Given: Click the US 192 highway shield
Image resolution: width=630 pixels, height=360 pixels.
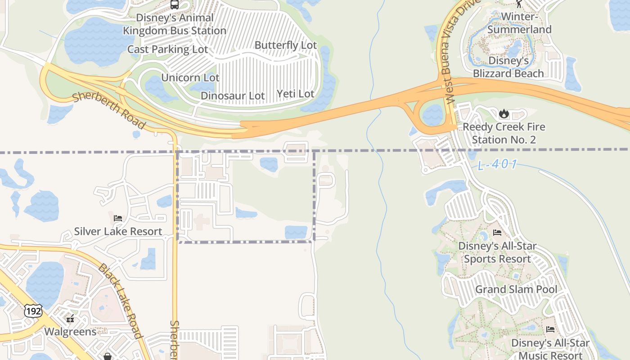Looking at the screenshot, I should coord(33,311).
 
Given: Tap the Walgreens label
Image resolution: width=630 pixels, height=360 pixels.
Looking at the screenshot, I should coord(70,332).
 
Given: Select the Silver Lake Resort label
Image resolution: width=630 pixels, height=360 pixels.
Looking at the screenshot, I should coord(118,231).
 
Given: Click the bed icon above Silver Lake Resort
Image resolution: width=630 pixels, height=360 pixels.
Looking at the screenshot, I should coord(118,218).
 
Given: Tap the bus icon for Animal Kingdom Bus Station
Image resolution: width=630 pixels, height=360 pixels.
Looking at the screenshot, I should coord(175,5).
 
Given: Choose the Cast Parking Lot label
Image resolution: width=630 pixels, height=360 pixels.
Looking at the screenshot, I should coord(167,49).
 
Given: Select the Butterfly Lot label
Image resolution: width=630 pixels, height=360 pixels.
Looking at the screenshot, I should coord(286,45).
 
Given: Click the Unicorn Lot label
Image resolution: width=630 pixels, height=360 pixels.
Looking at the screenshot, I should coord(190,77).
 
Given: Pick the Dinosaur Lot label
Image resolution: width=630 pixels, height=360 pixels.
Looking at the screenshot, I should coord(233,95).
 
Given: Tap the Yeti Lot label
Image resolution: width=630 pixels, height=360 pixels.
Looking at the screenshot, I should coord(295,94).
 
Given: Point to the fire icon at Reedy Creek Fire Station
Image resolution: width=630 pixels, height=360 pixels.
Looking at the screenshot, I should coord(504,113).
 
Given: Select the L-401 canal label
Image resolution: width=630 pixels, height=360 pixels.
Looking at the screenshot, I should coord(497,165).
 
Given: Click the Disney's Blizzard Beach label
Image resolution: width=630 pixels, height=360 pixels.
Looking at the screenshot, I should coord(508,67).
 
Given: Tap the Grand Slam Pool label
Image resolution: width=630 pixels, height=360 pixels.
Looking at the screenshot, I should coord(516,289).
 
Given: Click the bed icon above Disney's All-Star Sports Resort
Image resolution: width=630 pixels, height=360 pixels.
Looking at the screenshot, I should coord(497,233).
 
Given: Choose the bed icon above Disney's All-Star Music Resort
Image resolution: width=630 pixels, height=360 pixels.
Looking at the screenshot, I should coord(550,329).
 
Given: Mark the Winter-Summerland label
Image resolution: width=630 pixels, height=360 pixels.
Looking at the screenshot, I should coord(519,23).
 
